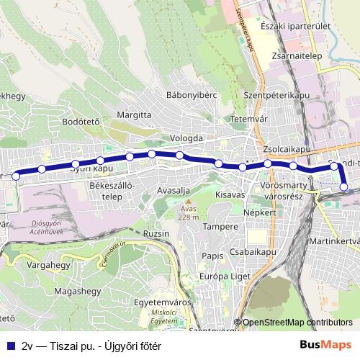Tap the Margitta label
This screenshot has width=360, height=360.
[133, 114]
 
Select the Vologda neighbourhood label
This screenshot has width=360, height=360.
[187, 138]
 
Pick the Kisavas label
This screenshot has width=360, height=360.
[230, 195]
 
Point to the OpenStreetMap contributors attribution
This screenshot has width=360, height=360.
[297, 322]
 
